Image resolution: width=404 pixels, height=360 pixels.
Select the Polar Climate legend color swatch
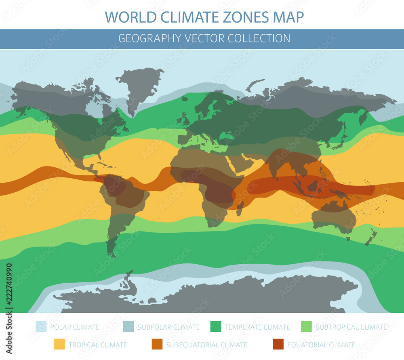tap(41, 327)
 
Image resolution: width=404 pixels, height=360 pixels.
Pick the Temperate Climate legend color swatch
tap(216, 327)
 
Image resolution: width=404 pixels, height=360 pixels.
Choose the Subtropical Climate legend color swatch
tap(307, 327)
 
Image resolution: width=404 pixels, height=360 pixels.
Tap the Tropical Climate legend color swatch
tap(59, 345)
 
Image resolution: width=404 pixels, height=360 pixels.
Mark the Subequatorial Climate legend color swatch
tap(157, 345)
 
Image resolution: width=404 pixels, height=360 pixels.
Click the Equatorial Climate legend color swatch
tap(278, 345)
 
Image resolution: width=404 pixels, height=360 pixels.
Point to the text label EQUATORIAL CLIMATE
tap(321, 345)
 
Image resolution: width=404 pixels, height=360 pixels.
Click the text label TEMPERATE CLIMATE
tap(257, 327)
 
